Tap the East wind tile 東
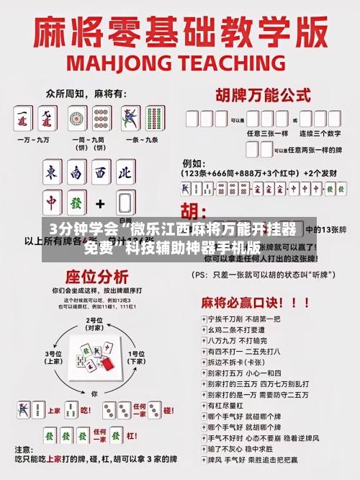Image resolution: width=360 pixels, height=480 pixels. (x=51, y=173)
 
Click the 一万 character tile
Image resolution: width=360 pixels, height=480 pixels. (x=23, y=120)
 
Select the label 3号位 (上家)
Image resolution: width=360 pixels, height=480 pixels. (x=54, y=357)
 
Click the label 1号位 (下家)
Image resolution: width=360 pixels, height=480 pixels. (x=136, y=357)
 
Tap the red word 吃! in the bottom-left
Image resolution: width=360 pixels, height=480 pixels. (x=84, y=410)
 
